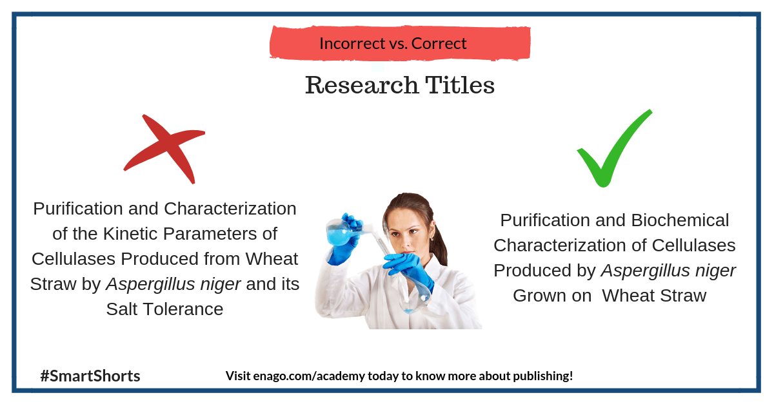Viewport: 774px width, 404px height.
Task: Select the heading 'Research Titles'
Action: [x=400, y=85]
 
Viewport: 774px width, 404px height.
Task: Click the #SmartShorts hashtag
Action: [x=90, y=376]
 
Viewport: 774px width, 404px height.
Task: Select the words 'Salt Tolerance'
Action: [x=164, y=309]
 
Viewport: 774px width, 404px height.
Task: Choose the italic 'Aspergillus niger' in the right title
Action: [x=668, y=271]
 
